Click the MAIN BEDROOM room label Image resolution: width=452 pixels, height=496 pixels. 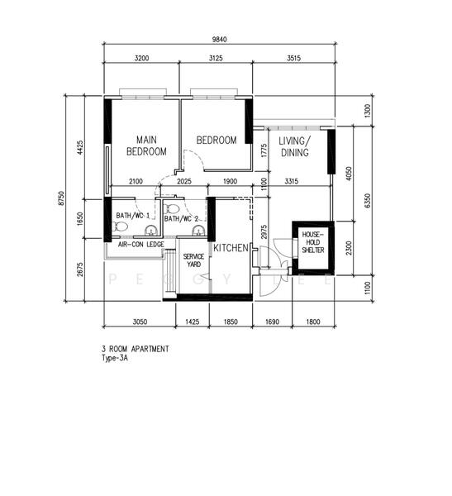(x=146, y=145)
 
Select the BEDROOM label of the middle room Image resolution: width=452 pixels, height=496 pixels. (x=216, y=141)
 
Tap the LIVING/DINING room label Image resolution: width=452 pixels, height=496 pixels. (x=294, y=146)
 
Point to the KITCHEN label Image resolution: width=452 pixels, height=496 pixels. (x=231, y=248)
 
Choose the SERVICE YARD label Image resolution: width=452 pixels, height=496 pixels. (x=193, y=260)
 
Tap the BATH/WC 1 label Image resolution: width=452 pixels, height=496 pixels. (x=132, y=216)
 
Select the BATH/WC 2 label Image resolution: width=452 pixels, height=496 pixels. (x=182, y=219)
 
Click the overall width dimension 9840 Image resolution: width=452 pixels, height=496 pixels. (x=219, y=40)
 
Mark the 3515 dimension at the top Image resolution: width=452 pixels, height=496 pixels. (x=294, y=60)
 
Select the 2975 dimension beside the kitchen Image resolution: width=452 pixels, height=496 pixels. (x=264, y=232)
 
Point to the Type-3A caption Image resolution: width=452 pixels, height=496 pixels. (x=117, y=359)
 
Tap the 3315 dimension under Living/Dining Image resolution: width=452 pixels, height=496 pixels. (x=290, y=181)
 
